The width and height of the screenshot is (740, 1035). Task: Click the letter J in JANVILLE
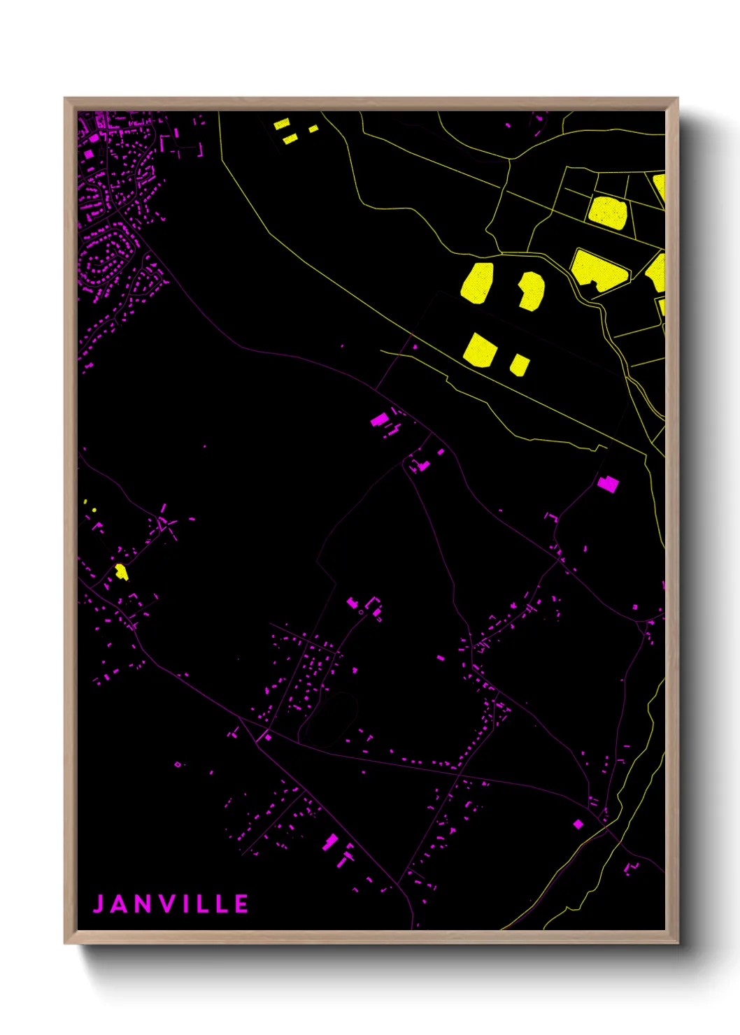(x=99, y=904)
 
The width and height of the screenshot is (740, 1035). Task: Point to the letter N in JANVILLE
(x=143, y=904)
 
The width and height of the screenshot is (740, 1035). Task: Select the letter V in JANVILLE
(x=168, y=904)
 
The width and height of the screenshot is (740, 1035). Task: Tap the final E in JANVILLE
(x=241, y=904)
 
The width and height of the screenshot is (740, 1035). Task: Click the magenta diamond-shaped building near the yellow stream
(x=578, y=825)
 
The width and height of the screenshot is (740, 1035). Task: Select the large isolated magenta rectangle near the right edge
(x=608, y=483)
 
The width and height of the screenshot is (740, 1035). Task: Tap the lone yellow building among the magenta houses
(x=121, y=571)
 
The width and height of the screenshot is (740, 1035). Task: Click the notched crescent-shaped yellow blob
(x=532, y=290)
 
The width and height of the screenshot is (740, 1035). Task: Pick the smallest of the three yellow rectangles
(x=313, y=129)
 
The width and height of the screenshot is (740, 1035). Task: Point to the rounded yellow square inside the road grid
(x=607, y=213)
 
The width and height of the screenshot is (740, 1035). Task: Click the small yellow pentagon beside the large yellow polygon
(x=519, y=364)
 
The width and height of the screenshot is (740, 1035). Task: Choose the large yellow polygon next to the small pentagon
(x=481, y=350)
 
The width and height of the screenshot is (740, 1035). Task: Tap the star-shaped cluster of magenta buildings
(x=166, y=523)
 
